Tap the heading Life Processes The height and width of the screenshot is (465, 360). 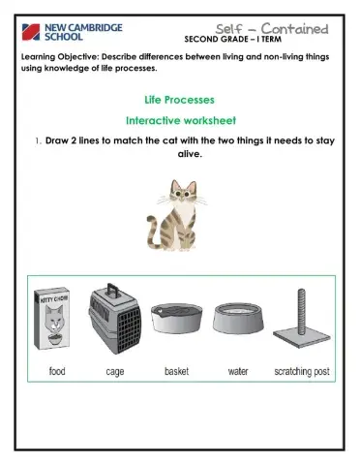click(179, 101)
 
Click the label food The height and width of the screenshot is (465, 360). click(57, 370)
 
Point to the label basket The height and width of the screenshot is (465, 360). click(176, 370)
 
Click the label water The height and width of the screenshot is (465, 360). click(238, 370)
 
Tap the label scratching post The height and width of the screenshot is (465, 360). click(303, 370)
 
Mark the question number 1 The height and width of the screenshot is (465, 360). click(36, 141)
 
